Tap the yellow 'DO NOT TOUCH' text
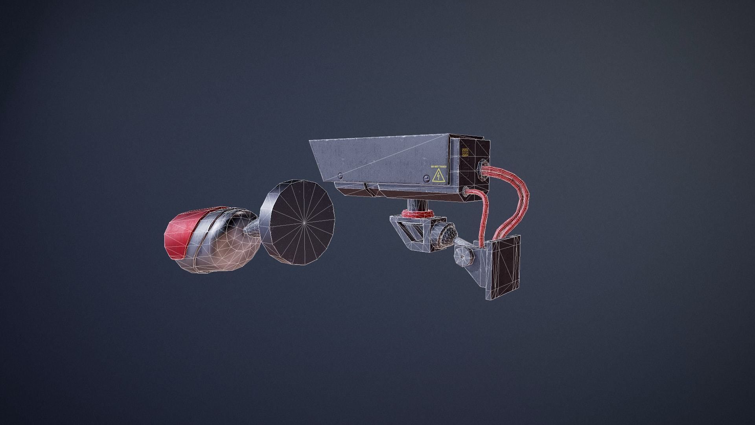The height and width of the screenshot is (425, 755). (438, 166)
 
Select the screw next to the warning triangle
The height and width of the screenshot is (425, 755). (427, 179)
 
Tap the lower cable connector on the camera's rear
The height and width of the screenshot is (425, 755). (467, 192)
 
